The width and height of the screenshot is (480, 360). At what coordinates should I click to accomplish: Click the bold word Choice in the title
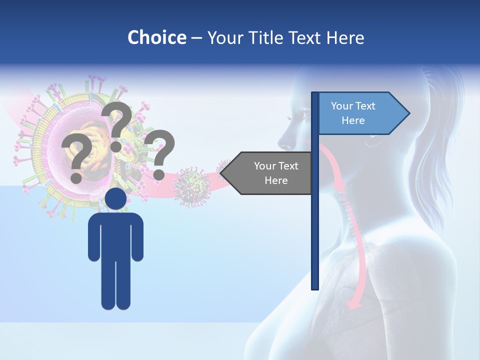point(156,37)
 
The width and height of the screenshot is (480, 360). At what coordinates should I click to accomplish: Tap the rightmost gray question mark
point(159,153)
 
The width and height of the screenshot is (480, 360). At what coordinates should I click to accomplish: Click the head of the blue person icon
point(115,198)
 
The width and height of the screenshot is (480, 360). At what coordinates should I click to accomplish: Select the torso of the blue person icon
point(115,235)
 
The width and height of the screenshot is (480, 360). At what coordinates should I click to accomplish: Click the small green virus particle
point(192,187)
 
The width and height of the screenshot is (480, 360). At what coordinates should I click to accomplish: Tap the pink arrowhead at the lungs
point(354,303)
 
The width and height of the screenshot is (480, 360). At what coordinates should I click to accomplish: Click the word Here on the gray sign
point(275,180)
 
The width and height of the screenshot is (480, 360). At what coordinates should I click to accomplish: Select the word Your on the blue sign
point(341,106)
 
